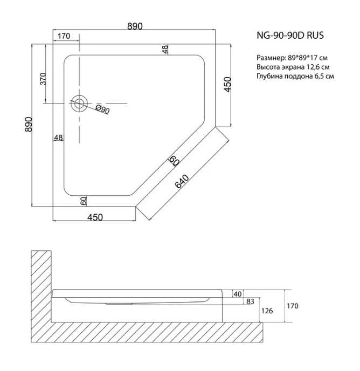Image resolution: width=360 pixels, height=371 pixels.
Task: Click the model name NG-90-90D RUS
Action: pos(290,36)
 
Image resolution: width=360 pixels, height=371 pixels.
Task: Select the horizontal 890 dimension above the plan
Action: pos(135,26)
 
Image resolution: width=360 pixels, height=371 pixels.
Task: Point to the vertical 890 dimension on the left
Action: pos(29,124)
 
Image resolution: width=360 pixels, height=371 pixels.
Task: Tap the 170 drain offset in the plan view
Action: pos(64,36)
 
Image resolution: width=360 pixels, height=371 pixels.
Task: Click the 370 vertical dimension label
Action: pos(43,79)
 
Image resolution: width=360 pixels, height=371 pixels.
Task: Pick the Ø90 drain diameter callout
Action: pos(102,109)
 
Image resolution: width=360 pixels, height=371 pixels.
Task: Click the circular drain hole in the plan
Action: pos(79,104)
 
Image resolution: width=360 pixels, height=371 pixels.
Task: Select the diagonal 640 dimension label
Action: pos(182,182)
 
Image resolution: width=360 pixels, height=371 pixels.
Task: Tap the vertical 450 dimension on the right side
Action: pos(227,85)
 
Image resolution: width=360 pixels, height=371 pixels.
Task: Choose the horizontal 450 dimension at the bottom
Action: pos(95,217)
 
